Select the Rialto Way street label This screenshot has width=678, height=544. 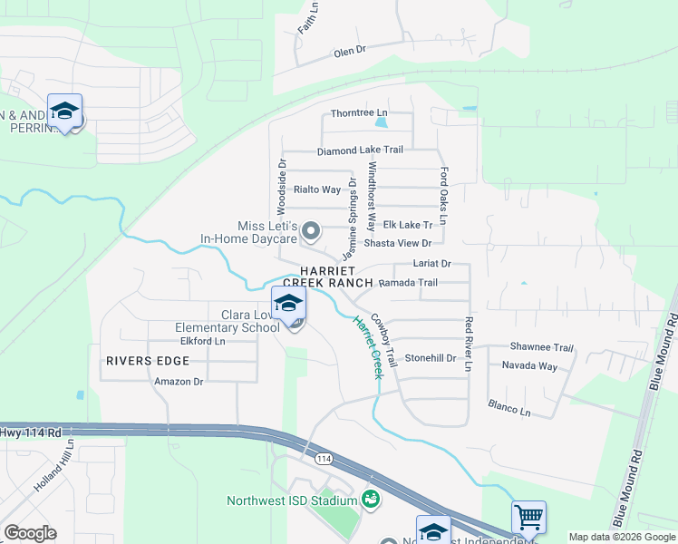317,189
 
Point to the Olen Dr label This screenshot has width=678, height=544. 348,52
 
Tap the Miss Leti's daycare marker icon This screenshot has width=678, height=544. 311,232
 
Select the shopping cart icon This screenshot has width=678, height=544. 528,518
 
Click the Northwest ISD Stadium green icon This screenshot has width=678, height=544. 370,499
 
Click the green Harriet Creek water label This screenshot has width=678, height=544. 369,347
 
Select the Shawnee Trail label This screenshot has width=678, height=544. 542,347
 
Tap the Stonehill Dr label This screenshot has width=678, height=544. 430,358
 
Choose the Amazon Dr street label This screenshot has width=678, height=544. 179,382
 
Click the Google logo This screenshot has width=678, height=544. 30,533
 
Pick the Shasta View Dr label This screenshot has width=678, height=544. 397,243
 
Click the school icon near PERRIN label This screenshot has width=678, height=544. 64,112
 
